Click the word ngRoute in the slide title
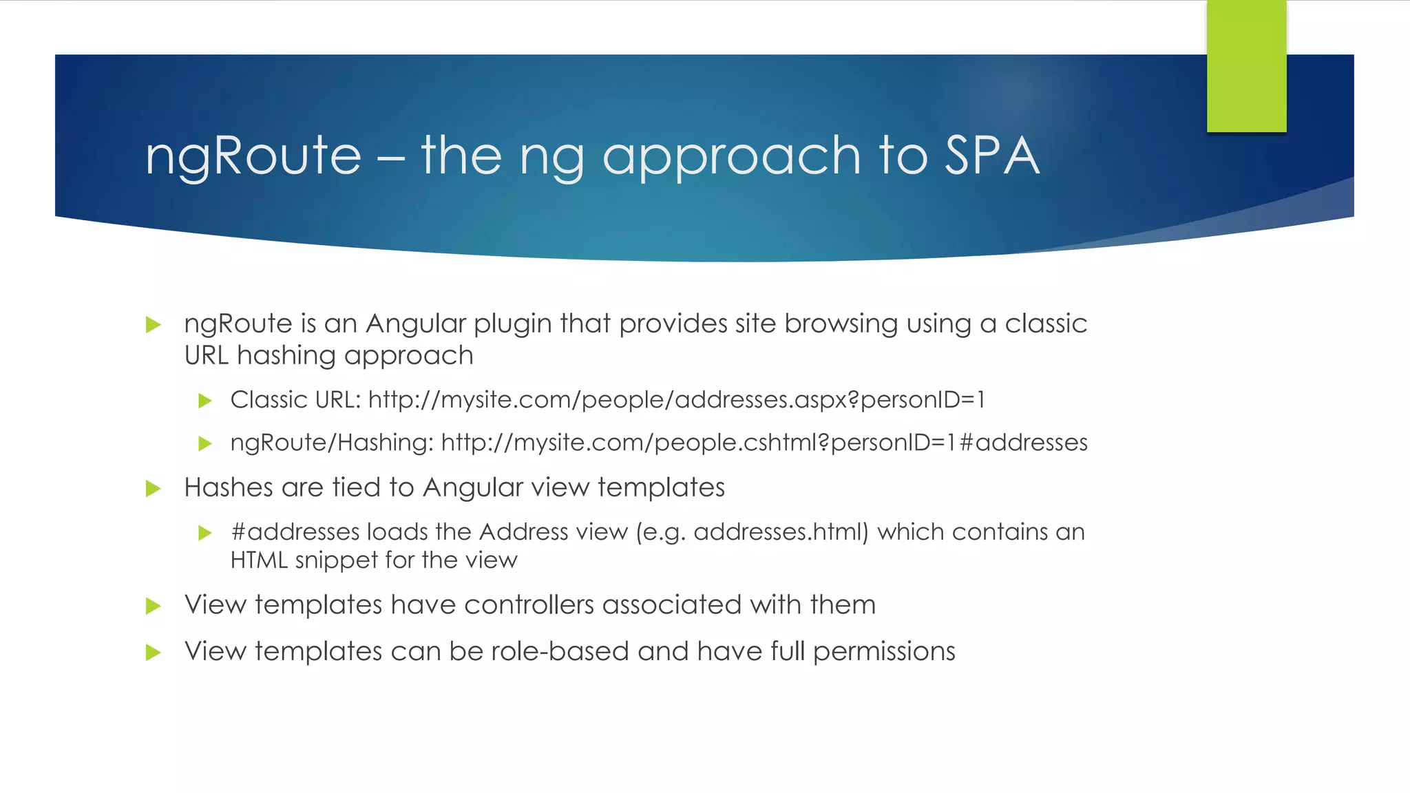[253, 156]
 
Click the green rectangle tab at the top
[1246, 66]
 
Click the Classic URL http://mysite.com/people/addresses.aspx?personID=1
[677, 400]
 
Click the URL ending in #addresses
[764, 443]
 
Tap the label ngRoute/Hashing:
[332, 443]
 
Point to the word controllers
[529, 605]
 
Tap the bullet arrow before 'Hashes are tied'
[153, 489]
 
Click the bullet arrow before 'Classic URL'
[204, 401]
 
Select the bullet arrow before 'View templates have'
[153, 606]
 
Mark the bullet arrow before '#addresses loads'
[204, 533]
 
